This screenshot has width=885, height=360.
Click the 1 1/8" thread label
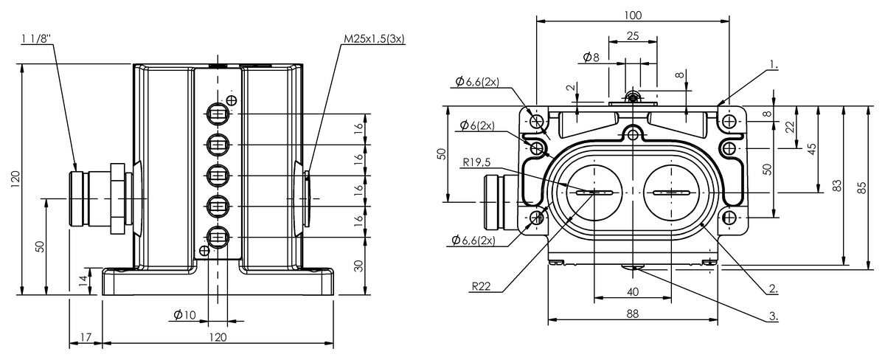pyautogui.click(x=36, y=38)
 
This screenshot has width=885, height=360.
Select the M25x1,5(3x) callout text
pyautogui.click(x=374, y=38)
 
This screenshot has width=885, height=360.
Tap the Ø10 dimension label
pyautogui.click(x=184, y=314)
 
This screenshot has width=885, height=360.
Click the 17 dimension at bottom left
pyautogui.click(x=86, y=337)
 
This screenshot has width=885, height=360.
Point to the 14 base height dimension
pyautogui.click(x=83, y=281)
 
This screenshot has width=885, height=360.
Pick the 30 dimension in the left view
pyautogui.click(x=358, y=266)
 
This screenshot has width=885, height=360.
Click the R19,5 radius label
pyautogui.click(x=476, y=162)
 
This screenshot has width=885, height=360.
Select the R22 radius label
pyautogui.click(x=481, y=285)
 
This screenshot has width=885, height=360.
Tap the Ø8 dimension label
pyautogui.click(x=591, y=58)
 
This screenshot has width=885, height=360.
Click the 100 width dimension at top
pyautogui.click(x=633, y=15)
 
